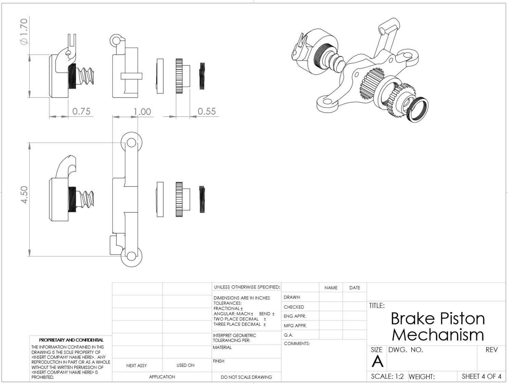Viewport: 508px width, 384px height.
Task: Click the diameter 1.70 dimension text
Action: [x=24, y=32]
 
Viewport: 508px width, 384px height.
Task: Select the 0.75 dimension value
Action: [x=81, y=111]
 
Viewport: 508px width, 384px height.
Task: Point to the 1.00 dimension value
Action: [x=142, y=112]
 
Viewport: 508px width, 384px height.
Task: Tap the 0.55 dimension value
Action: [x=207, y=111]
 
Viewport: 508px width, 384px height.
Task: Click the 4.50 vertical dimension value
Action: [x=24, y=195]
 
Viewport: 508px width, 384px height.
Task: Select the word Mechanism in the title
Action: [x=438, y=334]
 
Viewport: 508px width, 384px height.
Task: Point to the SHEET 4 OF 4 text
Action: [x=481, y=376]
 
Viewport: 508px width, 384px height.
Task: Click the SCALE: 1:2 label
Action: [x=387, y=376]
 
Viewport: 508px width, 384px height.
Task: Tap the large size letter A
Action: [x=378, y=361]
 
